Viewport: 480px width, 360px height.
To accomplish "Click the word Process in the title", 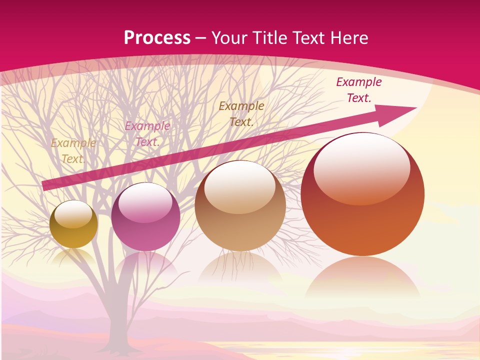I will click(157, 38).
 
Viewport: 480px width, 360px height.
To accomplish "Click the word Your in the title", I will click(230, 38).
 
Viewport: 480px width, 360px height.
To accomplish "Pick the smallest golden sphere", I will click(74, 224).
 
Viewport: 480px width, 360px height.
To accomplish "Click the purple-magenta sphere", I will click(145, 217).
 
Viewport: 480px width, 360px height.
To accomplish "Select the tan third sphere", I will click(240, 206).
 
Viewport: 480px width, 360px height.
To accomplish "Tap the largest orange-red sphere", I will click(362, 194).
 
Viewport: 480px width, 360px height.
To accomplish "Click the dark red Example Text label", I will click(359, 90).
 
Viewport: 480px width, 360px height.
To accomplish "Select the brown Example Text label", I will click(241, 113).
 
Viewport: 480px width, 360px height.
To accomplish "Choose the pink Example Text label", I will click(147, 134).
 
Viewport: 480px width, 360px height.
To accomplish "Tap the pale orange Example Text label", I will click(73, 151).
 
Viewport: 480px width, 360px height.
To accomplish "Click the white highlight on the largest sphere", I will click(361, 167).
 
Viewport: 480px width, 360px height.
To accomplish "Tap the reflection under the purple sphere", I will click(145, 265).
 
